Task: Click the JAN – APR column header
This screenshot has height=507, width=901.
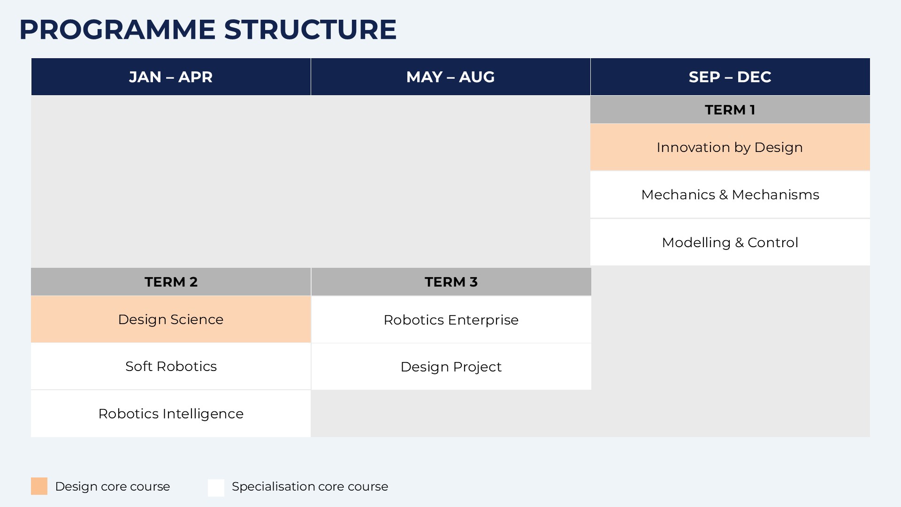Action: tap(171, 77)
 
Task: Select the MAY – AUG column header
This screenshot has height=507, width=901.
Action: tap(450, 77)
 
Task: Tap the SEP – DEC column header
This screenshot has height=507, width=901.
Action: tap(730, 77)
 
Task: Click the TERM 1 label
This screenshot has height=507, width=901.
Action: tap(730, 110)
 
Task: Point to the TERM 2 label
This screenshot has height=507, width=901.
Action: tap(171, 282)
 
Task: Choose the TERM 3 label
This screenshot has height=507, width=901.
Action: tap(451, 282)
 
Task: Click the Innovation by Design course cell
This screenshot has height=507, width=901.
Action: tap(730, 147)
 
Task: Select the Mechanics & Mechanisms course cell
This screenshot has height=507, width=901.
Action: tap(730, 195)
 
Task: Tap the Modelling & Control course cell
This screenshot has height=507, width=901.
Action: tap(730, 242)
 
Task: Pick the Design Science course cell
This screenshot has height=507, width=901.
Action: tap(171, 319)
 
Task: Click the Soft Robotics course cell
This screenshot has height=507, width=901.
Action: tap(171, 366)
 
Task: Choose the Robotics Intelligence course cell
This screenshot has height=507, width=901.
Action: tap(171, 414)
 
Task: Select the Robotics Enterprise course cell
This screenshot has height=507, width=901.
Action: tap(451, 320)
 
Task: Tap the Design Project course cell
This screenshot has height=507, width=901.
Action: tap(451, 367)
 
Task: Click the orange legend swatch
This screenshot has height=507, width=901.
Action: tap(39, 486)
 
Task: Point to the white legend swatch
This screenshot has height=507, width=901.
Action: tap(216, 488)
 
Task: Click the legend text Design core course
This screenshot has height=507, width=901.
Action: tap(113, 486)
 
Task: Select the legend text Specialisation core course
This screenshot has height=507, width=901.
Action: tap(310, 486)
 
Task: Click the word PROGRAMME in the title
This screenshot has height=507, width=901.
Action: tap(117, 30)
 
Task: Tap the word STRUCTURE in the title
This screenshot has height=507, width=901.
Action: tap(310, 30)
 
